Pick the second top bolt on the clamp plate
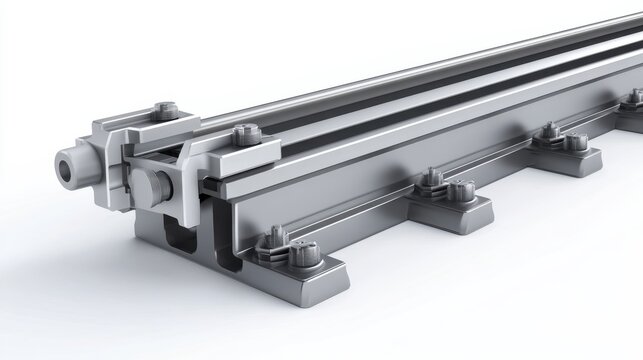pyautogui.click(x=245, y=132)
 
